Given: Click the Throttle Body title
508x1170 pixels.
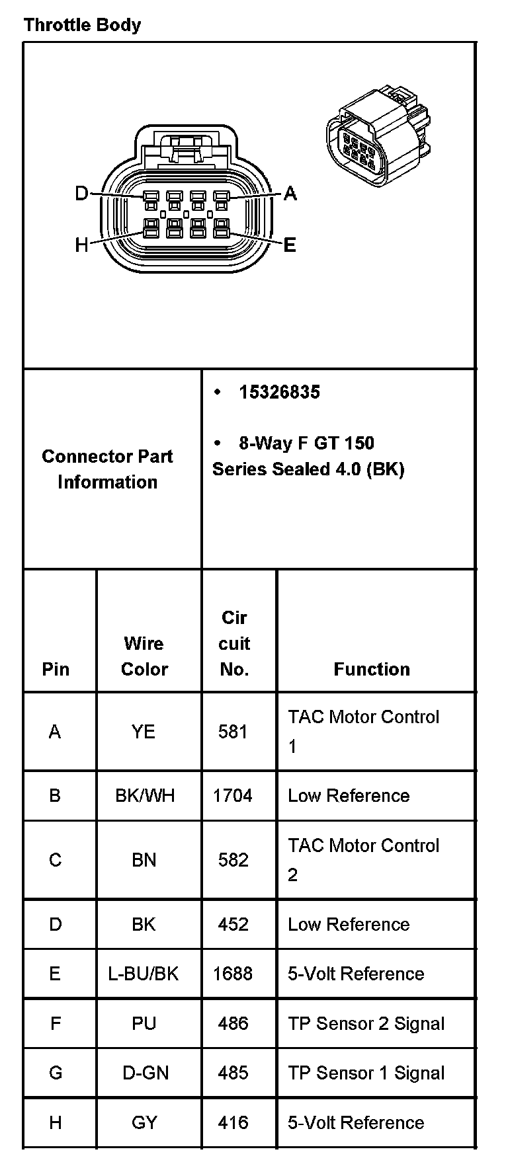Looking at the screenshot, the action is (82, 25).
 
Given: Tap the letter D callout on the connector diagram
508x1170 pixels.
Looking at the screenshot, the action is (81, 194).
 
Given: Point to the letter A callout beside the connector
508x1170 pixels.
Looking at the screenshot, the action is (290, 194).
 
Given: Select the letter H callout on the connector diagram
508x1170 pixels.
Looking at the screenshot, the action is (81, 245).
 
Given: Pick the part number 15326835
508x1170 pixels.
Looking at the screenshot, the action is (279, 392).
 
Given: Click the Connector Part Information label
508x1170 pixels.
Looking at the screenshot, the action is (107, 469).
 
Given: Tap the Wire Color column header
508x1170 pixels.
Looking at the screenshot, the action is (144, 656).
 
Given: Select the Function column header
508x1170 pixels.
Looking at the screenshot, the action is (372, 669).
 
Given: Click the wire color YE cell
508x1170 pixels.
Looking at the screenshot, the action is (144, 732).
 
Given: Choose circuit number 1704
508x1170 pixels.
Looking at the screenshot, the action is (232, 795).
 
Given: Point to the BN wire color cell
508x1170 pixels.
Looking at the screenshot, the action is (144, 859).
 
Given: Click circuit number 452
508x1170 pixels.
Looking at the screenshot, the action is (233, 924).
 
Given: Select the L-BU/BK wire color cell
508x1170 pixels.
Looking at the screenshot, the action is (144, 974).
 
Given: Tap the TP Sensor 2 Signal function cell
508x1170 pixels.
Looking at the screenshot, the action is (366, 1023).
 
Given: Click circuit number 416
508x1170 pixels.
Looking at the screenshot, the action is (233, 1122).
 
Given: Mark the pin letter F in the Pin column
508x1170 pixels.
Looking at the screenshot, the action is (56, 1023).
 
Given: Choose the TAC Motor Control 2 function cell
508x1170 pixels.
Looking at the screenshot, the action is (363, 859).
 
